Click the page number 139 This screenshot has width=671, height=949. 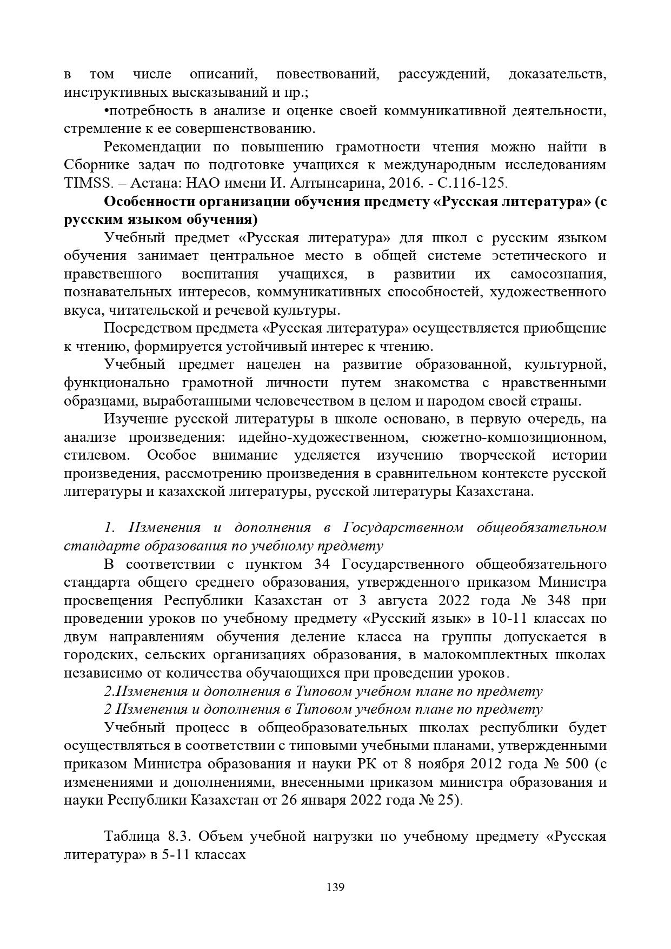(335, 887)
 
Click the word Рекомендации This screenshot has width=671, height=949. (152, 147)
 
